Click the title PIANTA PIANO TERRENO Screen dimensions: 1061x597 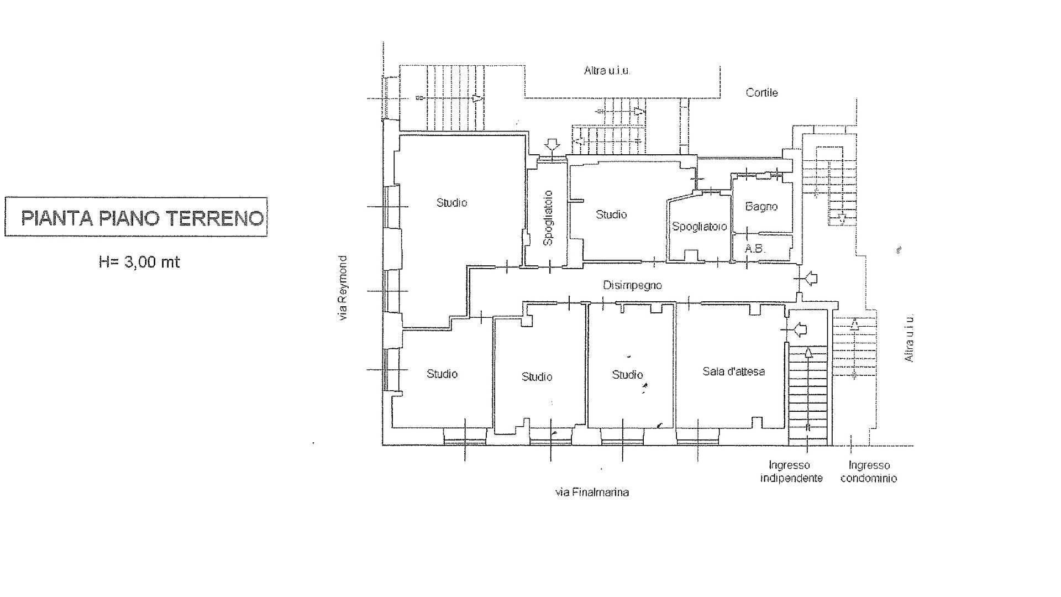coord(141,218)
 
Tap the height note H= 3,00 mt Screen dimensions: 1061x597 coord(139,261)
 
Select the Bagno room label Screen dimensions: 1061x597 coord(761,207)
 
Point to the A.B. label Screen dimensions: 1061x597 coord(755,249)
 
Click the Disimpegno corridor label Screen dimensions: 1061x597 coord(632,286)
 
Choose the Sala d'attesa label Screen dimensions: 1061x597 coord(733,371)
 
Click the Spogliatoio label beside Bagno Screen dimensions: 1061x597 coord(699,227)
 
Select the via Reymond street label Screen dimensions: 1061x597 coord(343,288)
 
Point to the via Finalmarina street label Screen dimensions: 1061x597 coord(592,492)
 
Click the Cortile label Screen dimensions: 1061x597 coord(761,93)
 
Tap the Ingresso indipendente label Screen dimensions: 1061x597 coord(791,472)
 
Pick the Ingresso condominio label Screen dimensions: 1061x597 coord(869,472)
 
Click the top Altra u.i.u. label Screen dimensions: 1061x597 coord(607,71)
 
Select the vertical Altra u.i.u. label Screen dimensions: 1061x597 coord(909,338)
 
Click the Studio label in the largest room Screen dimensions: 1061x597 coord(452,203)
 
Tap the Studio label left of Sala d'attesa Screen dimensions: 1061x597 coord(627,375)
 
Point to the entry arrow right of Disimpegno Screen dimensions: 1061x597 coord(810,279)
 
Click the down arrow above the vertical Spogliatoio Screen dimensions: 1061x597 coord(551,145)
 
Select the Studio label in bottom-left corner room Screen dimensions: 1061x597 coord(442,374)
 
